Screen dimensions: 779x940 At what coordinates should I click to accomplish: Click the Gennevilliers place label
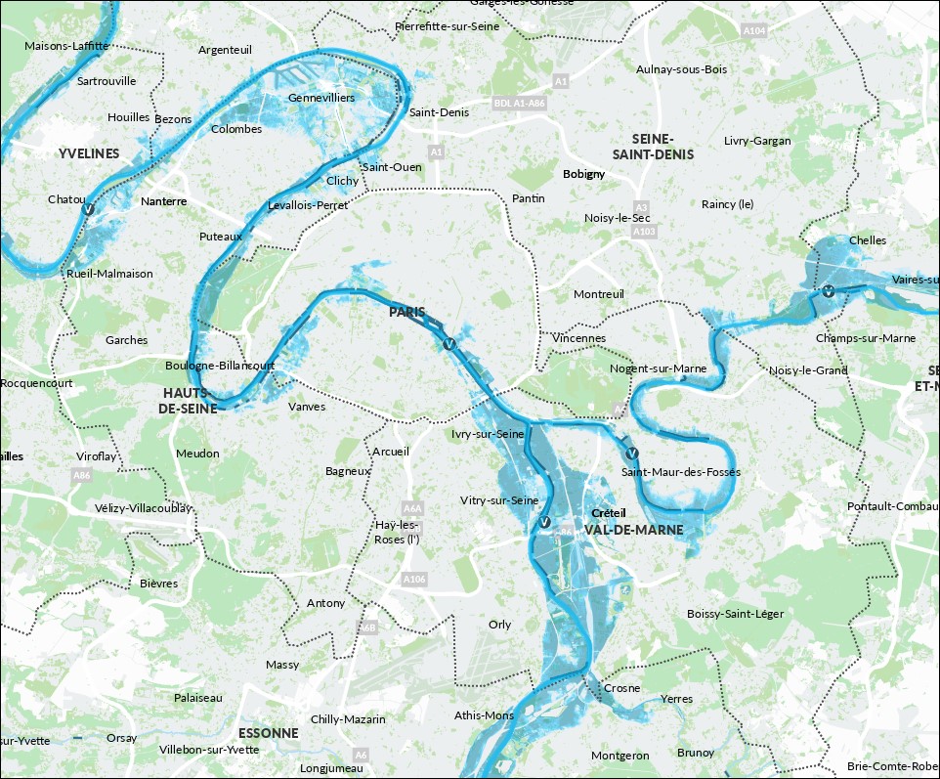(x=321, y=98)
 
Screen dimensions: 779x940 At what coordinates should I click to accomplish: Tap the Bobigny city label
(x=584, y=174)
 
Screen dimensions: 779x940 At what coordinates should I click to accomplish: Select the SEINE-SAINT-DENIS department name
(x=653, y=147)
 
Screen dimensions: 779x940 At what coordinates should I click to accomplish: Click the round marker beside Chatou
(x=88, y=209)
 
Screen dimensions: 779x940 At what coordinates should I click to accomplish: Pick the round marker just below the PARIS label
(x=449, y=344)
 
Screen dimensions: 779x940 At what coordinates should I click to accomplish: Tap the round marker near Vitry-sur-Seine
(x=544, y=523)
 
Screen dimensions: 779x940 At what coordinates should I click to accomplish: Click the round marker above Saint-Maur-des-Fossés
(x=631, y=454)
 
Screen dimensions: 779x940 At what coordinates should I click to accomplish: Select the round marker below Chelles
(x=828, y=290)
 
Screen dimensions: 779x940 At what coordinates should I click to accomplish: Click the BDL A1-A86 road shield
(x=518, y=102)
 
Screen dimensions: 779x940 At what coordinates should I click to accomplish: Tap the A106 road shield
(x=414, y=580)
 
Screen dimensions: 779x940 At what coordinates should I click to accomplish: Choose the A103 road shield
(x=644, y=233)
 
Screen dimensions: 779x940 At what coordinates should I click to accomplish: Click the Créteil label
(x=608, y=513)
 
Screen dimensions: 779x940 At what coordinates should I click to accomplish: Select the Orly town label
(x=499, y=625)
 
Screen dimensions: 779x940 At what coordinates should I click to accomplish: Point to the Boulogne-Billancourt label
(x=220, y=366)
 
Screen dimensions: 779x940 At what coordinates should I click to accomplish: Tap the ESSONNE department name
(x=268, y=732)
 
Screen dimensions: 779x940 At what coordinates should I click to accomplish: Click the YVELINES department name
(x=88, y=153)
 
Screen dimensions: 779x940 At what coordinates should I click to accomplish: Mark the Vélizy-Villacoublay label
(x=144, y=508)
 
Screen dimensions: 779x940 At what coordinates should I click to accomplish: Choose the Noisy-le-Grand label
(x=808, y=370)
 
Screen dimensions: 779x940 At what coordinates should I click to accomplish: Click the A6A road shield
(x=412, y=508)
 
